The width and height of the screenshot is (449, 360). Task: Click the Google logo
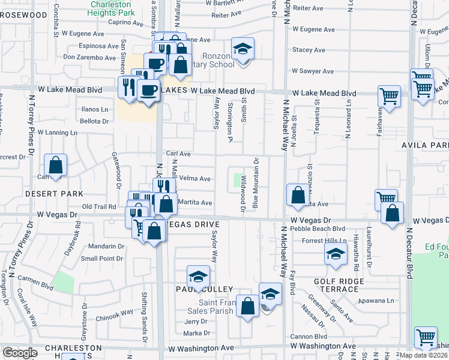(20, 353)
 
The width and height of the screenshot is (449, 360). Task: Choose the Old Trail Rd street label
(98, 206)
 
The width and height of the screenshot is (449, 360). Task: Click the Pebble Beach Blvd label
(318, 229)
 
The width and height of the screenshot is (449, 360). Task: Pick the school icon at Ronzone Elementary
(243, 49)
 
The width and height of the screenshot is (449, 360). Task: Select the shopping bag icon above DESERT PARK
(55, 165)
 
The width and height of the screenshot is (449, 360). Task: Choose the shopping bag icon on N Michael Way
(298, 195)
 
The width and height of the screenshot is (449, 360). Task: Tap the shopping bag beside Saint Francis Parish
(247, 305)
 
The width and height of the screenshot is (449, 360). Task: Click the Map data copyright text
(425, 354)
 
